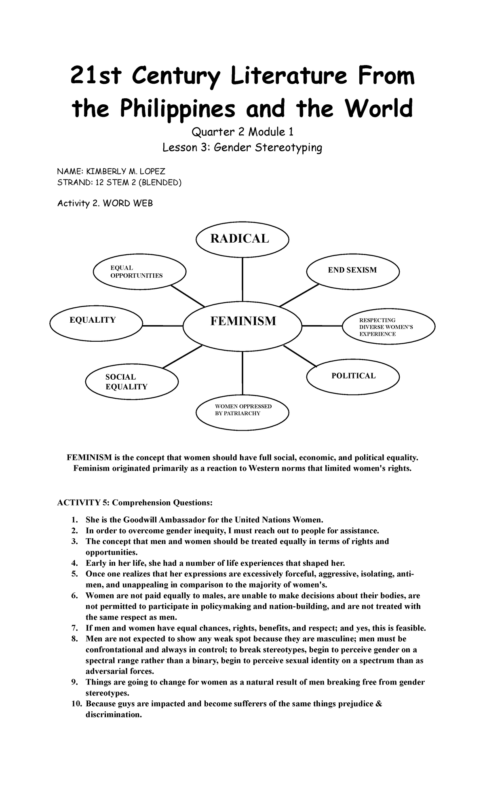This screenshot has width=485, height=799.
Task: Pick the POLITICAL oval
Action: tap(353, 376)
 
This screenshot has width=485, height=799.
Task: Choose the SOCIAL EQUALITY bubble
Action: tap(132, 382)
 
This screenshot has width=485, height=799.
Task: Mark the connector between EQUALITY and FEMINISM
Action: tap(163, 326)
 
